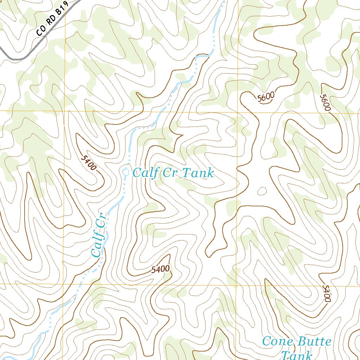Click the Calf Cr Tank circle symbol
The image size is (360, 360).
click(x=126, y=171)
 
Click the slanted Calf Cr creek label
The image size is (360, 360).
click(x=98, y=235)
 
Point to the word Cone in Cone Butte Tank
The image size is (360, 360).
click(x=278, y=341)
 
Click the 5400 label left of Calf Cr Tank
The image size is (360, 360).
click(x=88, y=163)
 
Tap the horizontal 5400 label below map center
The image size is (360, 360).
click(x=161, y=270)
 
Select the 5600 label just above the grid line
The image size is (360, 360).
click(x=265, y=97)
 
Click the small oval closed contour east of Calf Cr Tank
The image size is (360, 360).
click(x=262, y=191)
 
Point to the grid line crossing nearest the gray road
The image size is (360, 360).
click(x=65, y=111)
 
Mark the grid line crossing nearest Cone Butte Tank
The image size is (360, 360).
click(x=236, y=285)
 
